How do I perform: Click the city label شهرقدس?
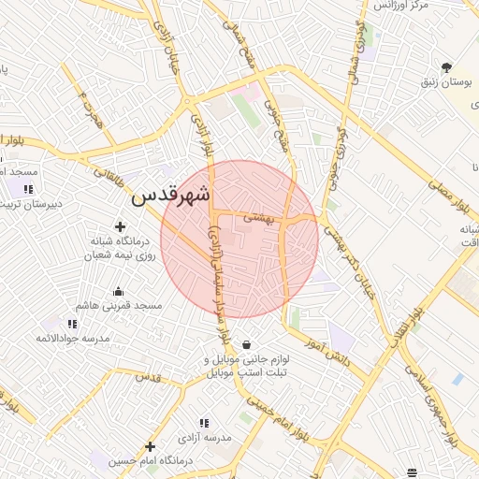coord(171,196)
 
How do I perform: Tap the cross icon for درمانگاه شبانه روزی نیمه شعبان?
coord(120,226)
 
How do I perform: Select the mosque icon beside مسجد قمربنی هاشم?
coord(119,291)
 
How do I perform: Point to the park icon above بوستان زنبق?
coord(447,67)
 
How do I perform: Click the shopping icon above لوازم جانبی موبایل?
coord(246,345)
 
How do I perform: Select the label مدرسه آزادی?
coord(222,438)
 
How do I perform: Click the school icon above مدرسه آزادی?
coord(205,423)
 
